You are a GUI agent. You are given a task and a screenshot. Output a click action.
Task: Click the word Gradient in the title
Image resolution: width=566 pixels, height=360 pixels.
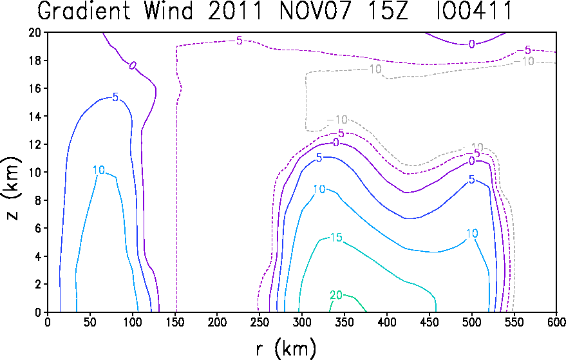click(x=84, y=10)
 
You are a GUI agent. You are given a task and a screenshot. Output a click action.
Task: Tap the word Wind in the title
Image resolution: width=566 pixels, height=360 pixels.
click(x=169, y=10)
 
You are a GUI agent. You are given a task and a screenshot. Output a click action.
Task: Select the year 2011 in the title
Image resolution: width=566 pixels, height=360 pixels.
click(x=236, y=10)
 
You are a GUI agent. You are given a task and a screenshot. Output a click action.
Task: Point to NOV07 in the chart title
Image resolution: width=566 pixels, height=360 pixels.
click(x=316, y=10)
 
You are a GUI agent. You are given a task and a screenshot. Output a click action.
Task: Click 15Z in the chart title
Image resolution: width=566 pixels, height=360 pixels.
click(x=388, y=10)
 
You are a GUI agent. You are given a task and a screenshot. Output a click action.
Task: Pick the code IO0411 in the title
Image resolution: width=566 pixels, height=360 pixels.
click(x=474, y=10)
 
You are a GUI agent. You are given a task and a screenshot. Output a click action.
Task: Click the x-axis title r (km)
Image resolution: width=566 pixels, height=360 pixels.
click(x=286, y=349)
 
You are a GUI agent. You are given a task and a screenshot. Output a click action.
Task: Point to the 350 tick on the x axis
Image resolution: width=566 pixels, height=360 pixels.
click(x=344, y=322)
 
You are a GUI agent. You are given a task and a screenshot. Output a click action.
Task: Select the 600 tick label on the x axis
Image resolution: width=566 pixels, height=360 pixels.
click(x=557, y=322)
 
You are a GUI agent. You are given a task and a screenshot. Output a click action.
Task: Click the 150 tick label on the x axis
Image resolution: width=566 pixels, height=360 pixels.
click(x=175, y=322)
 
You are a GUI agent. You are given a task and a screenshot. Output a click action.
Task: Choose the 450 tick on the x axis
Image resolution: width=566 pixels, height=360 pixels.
click(x=429, y=322)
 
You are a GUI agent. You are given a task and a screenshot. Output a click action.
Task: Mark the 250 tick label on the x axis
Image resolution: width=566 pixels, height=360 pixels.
click(x=259, y=322)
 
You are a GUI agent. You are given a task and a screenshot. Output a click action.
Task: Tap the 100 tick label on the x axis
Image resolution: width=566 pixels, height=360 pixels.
click(x=132, y=322)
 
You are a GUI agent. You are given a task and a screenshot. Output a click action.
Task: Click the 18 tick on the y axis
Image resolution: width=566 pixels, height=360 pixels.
click(x=35, y=61)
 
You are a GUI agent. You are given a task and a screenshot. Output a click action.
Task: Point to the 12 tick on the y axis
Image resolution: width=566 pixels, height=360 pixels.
click(x=35, y=144)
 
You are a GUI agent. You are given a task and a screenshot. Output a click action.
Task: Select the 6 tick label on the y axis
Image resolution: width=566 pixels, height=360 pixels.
click(x=38, y=228)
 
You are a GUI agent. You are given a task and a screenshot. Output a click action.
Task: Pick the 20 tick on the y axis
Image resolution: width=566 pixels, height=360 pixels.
click(x=35, y=32)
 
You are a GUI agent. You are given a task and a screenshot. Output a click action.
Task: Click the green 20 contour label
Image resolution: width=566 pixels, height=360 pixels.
click(x=336, y=296)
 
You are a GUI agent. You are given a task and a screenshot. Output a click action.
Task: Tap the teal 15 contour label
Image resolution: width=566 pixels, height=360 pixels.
click(x=336, y=238)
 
